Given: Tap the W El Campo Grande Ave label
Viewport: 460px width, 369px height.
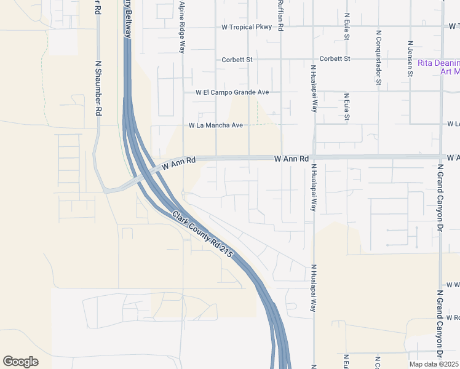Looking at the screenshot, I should (232, 92).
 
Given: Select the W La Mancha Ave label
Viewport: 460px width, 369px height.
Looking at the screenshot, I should (216, 125).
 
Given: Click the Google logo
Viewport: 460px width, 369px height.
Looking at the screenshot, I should (20, 361).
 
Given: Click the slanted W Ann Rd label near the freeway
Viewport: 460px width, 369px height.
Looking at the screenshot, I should (179, 164).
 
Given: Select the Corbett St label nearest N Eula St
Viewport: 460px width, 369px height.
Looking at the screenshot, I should (335, 59).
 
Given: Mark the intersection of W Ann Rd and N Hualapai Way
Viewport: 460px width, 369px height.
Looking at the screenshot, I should (313, 157).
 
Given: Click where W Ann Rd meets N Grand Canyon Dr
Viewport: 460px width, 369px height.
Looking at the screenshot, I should (441, 157).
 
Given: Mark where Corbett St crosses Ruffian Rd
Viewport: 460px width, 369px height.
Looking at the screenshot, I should (280, 59).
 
